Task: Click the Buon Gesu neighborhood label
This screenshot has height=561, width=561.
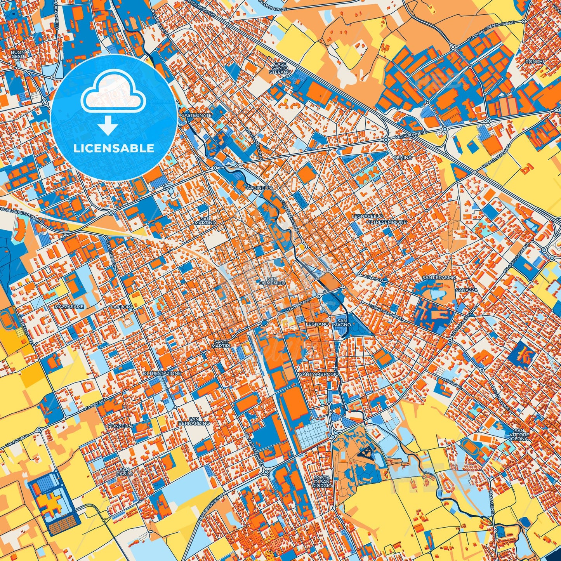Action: [18, 54]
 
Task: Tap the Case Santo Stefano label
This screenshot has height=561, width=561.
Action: [280, 68]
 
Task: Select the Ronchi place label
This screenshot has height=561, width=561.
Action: [535, 62]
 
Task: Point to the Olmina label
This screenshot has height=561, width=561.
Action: [403, 158]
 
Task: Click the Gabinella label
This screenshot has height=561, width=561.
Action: [259, 188]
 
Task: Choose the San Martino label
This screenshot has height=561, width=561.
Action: [206, 221]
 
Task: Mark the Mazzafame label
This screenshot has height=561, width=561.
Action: [69, 307]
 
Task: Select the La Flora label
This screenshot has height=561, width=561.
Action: [122, 307]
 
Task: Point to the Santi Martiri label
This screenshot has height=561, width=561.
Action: [222, 344]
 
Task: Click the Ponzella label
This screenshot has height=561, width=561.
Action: [121, 426]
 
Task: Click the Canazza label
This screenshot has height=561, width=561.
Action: [467, 290]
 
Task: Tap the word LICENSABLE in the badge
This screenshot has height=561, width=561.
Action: [114, 148]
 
